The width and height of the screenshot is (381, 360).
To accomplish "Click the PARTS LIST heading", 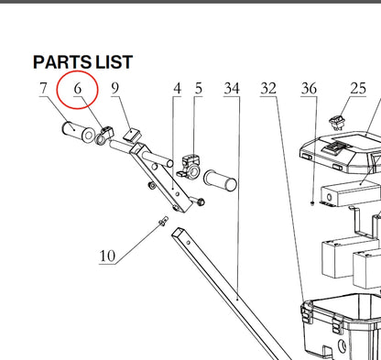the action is click(x=82, y=62).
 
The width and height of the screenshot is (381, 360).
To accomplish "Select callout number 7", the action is click(x=44, y=88).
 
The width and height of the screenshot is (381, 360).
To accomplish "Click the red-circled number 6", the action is click(x=78, y=89).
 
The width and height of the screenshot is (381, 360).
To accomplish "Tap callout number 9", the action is click(x=114, y=88).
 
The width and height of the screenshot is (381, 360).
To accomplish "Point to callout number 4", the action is click(x=177, y=89).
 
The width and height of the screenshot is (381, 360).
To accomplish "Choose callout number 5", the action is click(x=199, y=88).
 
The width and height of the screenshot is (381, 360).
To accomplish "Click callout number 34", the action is click(x=232, y=89).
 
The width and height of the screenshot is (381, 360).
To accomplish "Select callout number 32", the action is click(x=268, y=89).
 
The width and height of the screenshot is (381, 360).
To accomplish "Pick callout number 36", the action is click(x=309, y=89).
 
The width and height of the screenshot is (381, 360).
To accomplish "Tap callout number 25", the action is click(x=358, y=89).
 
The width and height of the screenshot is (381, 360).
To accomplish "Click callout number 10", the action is click(x=107, y=256).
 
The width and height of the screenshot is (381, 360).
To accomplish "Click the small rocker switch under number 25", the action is click(x=336, y=123).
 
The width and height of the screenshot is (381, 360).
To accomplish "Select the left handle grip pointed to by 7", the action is click(x=78, y=132).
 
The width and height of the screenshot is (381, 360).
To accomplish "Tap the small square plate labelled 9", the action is click(x=133, y=135).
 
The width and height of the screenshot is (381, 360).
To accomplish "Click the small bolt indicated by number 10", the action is click(x=163, y=221).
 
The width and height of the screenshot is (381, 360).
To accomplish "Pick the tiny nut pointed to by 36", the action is click(x=312, y=202).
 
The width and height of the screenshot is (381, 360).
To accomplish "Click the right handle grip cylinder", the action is click(x=220, y=180).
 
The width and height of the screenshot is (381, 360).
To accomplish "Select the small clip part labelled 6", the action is click(x=104, y=136).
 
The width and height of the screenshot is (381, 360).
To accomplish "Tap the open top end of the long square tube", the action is click(x=178, y=233).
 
